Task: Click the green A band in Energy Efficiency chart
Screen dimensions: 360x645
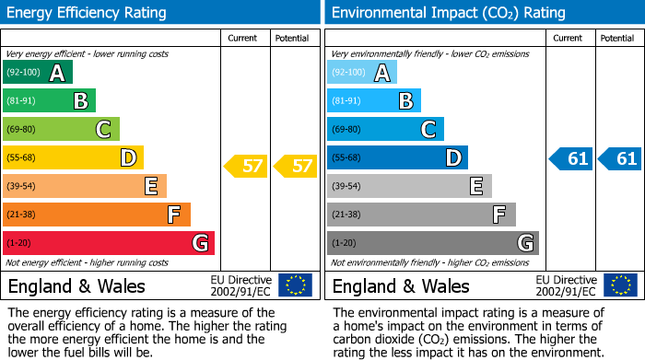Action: point(38,73)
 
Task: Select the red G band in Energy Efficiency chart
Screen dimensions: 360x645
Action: point(109,243)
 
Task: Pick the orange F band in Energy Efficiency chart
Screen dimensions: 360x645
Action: point(97,215)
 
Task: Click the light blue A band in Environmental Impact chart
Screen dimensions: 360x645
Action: point(362,73)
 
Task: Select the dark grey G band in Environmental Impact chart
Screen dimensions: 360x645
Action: point(433,243)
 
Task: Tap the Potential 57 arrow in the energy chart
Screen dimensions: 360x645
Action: point(296,167)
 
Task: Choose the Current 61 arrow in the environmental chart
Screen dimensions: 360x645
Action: point(571,158)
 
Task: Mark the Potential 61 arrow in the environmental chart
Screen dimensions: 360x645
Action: point(620,158)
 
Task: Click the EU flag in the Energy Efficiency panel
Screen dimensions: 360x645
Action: point(295,285)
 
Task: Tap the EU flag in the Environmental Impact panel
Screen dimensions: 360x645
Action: point(619,285)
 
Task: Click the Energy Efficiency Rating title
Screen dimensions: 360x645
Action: point(88,13)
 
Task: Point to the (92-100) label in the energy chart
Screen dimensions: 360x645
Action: point(23,73)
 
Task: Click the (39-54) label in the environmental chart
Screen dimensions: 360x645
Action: point(346,187)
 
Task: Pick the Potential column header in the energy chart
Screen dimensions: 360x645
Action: point(292,38)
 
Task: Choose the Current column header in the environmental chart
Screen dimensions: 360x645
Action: point(569,38)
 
